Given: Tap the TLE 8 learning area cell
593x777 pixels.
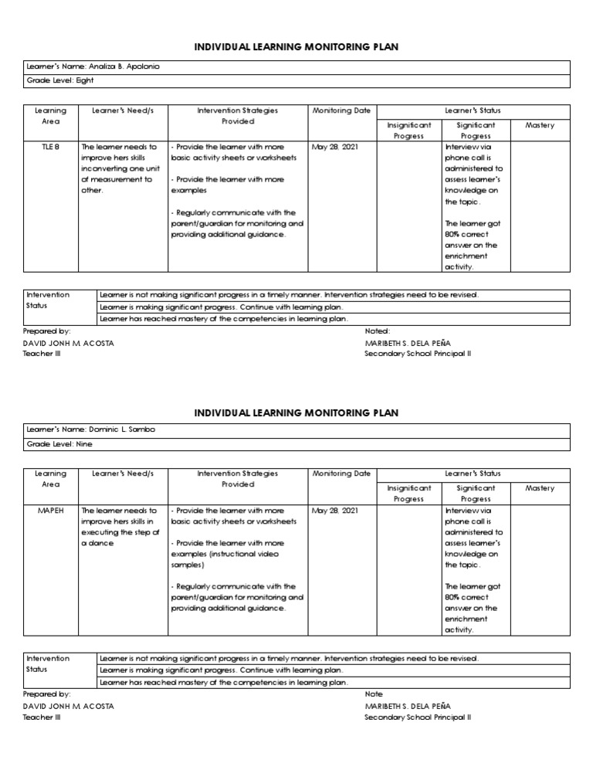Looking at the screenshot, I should pos(51,147).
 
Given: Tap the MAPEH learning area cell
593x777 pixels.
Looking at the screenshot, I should pos(51,511).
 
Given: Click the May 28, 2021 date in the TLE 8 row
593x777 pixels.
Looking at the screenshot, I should pos(334,147).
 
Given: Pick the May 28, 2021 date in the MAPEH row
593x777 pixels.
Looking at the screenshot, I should pos(334,511).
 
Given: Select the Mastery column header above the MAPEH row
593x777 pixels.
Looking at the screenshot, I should pos(540,488).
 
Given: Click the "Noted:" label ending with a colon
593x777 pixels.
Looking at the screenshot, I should pos(378,331).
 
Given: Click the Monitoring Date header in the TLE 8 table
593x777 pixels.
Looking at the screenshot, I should pos(341,111).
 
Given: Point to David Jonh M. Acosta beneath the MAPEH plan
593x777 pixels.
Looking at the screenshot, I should pos(70,706).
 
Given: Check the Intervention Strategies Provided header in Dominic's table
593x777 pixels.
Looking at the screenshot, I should pos(238,479).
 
